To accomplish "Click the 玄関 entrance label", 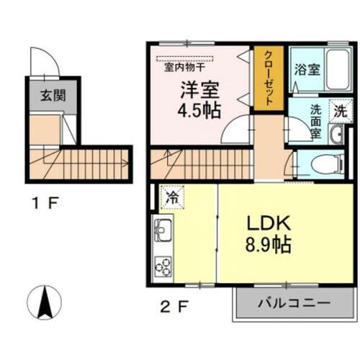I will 49,94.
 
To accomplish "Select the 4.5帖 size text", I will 200,112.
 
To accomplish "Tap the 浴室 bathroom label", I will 307,70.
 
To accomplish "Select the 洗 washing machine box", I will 341,112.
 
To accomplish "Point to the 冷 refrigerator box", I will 173,195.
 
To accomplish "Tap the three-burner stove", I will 163,266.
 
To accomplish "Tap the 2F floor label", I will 175,306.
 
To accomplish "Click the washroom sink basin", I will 337,135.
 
